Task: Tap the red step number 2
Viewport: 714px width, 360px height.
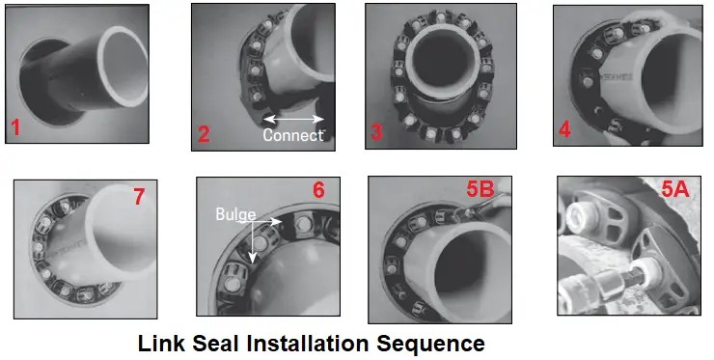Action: (x=204, y=133)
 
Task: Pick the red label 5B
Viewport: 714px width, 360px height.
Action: (x=480, y=191)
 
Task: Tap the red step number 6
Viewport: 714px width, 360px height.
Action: (x=318, y=191)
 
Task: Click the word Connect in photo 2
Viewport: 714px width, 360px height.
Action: (x=293, y=135)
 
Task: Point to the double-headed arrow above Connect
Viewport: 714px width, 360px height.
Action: (x=294, y=119)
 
